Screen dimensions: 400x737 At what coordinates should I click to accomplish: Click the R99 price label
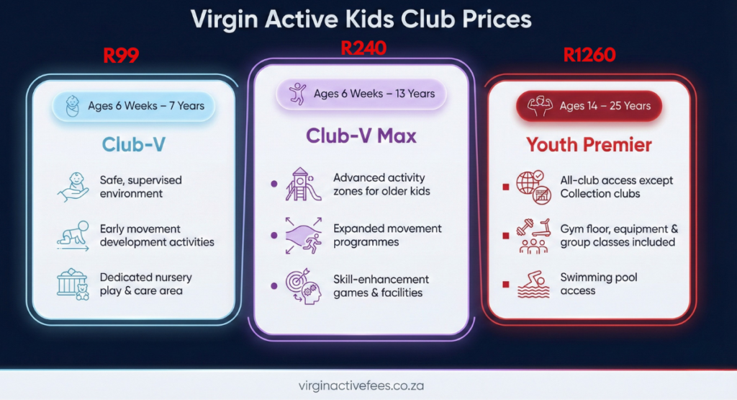(x=121, y=55)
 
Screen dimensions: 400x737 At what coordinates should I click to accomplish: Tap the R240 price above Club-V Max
(x=363, y=48)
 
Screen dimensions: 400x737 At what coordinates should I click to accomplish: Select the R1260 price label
(x=590, y=55)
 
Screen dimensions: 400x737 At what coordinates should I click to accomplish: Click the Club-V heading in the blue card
(x=134, y=144)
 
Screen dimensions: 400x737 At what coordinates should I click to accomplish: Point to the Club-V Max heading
(x=361, y=135)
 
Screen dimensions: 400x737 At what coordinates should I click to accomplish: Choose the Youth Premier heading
(x=589, y=145)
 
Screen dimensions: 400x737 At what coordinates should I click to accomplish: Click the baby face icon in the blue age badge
(x=73, y=105)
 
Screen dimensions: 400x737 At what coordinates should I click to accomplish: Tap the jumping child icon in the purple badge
(x=297, y=93)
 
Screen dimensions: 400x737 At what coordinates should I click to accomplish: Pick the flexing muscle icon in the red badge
(x=540, y=106)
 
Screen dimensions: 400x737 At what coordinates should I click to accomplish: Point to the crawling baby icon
(x=73, y=235)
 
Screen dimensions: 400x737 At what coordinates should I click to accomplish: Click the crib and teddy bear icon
(x=73, y=284)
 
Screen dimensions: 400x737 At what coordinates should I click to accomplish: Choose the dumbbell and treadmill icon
(x=533, y=236)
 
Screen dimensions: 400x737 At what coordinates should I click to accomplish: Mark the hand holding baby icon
(x=73, y=187)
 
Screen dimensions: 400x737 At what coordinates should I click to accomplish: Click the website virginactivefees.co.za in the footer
(x=361, y=386)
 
